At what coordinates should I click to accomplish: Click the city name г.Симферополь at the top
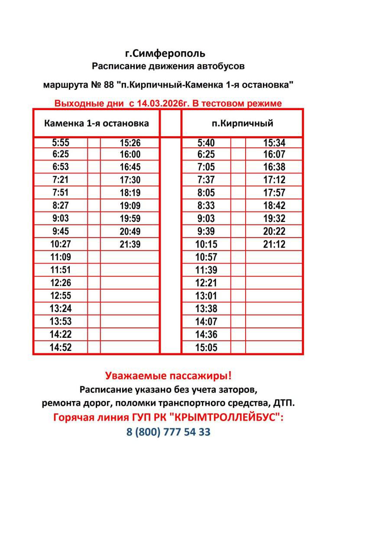[x=165, y=54]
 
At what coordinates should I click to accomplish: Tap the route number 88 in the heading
[x=109, y=85]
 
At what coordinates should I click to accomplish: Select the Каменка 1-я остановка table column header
[x=97, y=123]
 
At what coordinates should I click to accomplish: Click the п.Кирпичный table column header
[x=243, y=123]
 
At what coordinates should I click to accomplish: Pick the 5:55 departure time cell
[x=60, y=143]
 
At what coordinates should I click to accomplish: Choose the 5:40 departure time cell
[x=206, y=143]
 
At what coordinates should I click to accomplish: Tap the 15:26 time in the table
[x=130, y=143]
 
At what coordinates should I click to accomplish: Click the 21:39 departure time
[x=130, y=245]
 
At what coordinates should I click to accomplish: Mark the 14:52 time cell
[x=60, y=347]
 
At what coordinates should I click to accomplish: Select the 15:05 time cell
[x=206, y=347]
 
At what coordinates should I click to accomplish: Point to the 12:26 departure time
[x=60, y=283]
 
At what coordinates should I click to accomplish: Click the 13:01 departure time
[x=206, y=296]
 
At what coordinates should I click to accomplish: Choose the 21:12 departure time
[x=274, y=245]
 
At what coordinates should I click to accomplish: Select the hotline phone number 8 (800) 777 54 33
[x=168, y=432]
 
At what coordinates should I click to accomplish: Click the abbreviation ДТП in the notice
[x=284, y=403]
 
